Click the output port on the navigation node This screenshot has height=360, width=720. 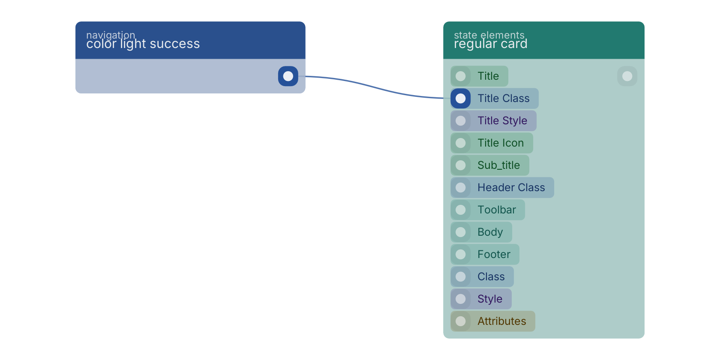pyautogui.click(x=288, y=76)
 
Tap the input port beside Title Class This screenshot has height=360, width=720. pyautogui.click(x=461, y=99)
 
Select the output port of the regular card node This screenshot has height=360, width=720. pyautogui.click(x=627, y=76)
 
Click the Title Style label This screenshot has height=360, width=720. pyautogui.click(x=502, y=120)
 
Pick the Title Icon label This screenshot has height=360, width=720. pyautogui.click(x=501, y=143)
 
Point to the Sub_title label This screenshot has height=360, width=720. pyautogui.click(x=498, y=165)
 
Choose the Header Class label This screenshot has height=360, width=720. pyautogui.click(x=511, y=187)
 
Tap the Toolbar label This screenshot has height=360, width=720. pyautogui.click(x=497, y=210)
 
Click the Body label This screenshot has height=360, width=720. pyautogui.click(x=490, y=232)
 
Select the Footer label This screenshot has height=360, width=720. pyautogui.click(x=494, y=254)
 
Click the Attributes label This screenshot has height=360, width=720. pyautogui.click(x=502, y=321)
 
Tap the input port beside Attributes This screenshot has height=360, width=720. pyautogui.click(x=461, y=321)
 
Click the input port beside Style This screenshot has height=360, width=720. pyautogui.click(x=461, y=299)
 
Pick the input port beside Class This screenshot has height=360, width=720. pyautogui.click(x=461, y=276)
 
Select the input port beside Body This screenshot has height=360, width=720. pyautogui.click(x=461, y=232)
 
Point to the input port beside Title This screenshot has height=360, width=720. pyautogui.click(x=461, y=76)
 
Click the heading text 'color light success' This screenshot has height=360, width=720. pyautogui.click(x=143, y=44)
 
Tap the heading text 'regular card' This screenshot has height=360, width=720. pyautogui.click(x=490, y=44)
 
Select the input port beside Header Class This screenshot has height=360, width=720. pyautogui.click(x=461, y=187)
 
